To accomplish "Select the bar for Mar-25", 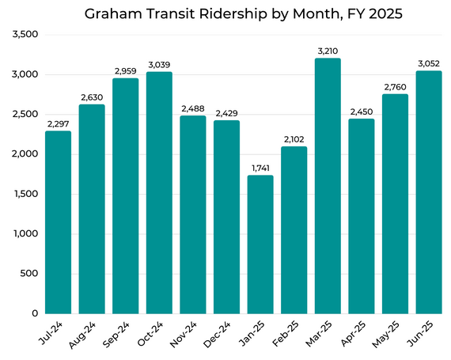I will pos(328,186).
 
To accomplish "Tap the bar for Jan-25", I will pos(260,244).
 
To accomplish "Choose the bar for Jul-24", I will pos(58,222).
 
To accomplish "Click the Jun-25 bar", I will pos(429,192).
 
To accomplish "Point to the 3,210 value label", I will pos(328,51).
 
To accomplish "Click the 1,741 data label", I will pos(260,168).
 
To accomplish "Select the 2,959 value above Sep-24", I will pos(125,70).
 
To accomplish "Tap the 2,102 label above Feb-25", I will pos(294,139).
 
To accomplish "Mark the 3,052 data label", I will pos(429,63).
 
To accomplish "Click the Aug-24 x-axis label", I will pos(85,334).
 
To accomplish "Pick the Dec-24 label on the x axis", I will pos(219,334).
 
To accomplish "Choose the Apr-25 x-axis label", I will pos(354,334).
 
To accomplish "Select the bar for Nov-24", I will pos(193,214).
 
